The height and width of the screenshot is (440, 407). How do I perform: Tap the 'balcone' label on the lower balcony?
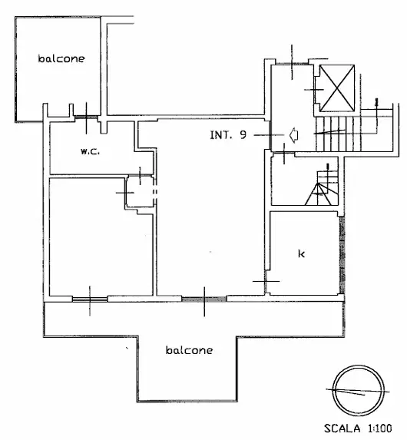189,349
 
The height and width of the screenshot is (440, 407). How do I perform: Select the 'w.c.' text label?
90,151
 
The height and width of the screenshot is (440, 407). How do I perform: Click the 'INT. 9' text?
228,135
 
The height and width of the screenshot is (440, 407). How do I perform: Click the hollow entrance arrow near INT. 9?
293,135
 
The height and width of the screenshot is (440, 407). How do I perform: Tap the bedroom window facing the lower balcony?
90,297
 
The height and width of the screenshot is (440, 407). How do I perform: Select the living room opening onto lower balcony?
204,297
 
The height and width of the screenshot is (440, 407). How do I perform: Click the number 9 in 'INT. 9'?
243,135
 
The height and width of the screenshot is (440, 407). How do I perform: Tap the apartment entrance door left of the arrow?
269,135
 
